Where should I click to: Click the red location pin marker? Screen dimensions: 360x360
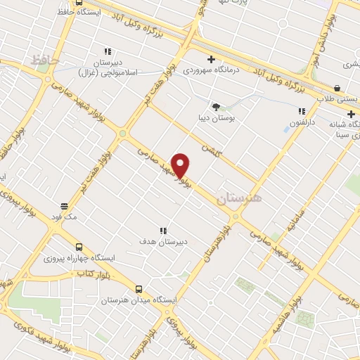point(181,165)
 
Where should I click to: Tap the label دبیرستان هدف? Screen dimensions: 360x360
point(162,241)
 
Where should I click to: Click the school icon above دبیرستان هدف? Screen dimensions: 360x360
point(163,231)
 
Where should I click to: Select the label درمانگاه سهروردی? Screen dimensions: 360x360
point(211,70)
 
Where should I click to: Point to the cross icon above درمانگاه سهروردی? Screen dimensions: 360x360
point(210,59)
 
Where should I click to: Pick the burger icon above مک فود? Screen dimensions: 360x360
point(64,207)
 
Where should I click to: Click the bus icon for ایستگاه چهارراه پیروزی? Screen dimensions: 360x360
point(79,247)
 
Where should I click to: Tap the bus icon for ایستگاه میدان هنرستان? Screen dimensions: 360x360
point(139,288)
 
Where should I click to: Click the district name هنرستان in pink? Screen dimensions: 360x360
point(239,199)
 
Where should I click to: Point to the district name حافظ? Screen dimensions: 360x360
point(44,61)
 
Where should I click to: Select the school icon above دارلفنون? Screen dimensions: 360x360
point(302,111)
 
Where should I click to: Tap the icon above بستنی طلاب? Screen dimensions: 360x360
point(338,89)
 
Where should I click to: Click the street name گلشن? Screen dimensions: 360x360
point(211,150)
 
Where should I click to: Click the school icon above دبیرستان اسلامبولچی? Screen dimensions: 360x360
point(108,51)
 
